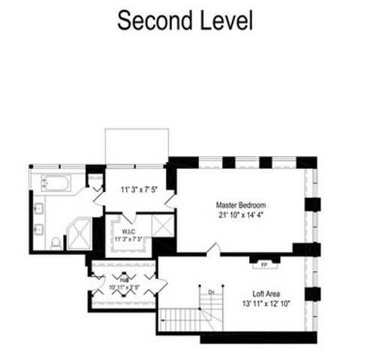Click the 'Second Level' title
(184, 21)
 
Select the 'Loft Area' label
(269, 295)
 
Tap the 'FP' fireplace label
(263, 265)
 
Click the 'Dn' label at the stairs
(212, 292)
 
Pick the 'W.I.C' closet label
(128, 232)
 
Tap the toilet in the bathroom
(56, 242)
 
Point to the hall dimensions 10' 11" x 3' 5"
(125, 286)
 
